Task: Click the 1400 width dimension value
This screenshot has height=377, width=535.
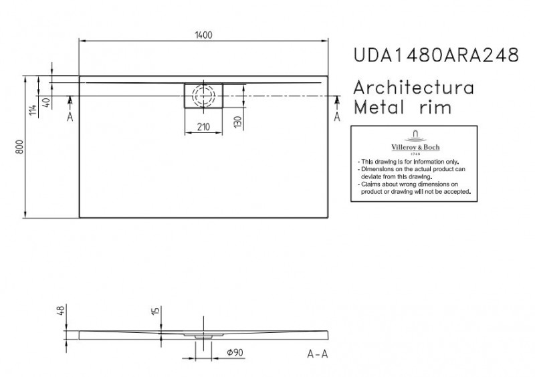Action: coord(203,35)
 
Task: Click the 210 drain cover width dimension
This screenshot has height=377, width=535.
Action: coord(203,127)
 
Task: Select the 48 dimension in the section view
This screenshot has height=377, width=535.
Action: coord(60,311)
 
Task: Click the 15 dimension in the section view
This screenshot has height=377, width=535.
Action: coord(154,311)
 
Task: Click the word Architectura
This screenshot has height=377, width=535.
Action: coord(413,88)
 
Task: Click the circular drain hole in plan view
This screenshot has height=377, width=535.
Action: coord(203,95)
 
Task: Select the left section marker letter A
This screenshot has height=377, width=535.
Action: coord(70,116)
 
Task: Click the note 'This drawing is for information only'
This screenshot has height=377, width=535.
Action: coord(408,162)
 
